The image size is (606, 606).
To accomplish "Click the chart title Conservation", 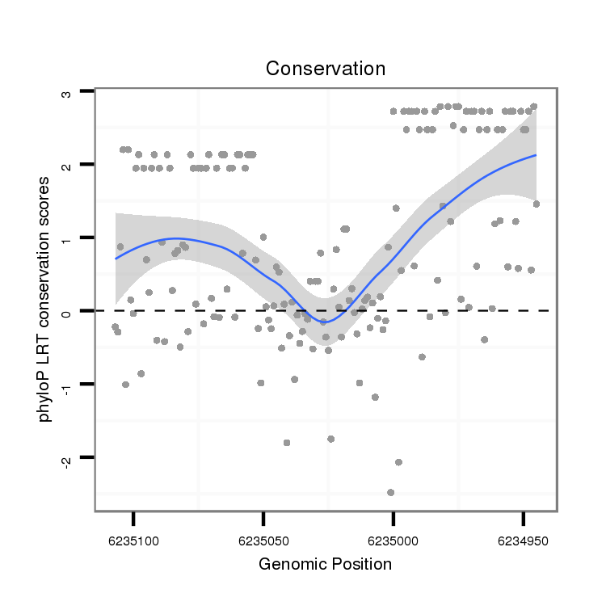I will (326, 69).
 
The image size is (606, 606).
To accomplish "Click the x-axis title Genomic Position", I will (325, 564).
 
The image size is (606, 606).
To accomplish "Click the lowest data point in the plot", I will (390, 492).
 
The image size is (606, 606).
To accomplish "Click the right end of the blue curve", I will (535, 155).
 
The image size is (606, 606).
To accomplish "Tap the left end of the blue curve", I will (116, 259).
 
